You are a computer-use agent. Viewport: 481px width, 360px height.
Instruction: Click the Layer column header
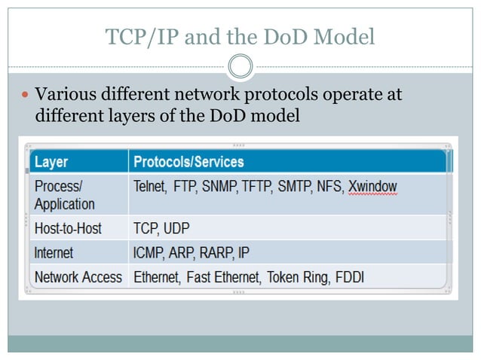pos(51,162)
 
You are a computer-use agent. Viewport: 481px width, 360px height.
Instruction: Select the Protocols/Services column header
pos(188,162)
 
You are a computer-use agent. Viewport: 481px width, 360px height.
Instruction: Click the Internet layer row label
pos(54,252)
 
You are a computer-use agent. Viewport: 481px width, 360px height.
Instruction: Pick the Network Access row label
pos(78,277)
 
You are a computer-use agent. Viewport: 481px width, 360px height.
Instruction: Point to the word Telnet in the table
pos(150,186)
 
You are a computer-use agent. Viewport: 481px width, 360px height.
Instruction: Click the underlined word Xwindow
pos(372,186)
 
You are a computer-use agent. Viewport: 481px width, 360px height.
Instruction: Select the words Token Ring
pos(296,277)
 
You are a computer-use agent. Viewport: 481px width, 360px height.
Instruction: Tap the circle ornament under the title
pos(240,66)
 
